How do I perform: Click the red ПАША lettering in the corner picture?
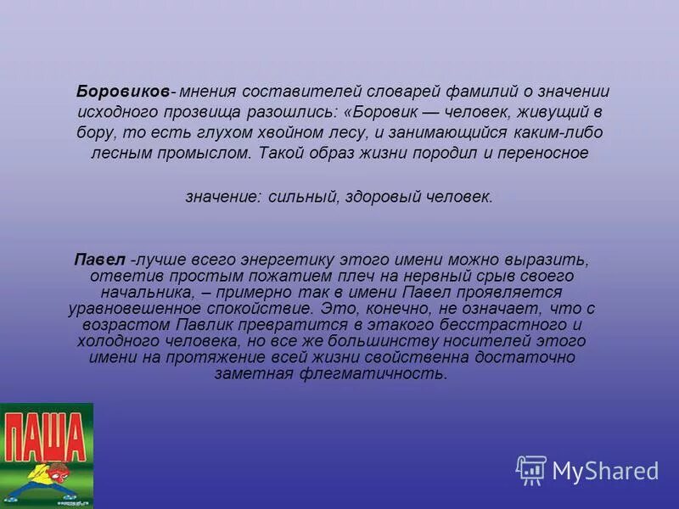(x=46, y=436)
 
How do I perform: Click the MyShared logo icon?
(x=531, y=470)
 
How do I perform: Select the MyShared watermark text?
(x=606, y=471)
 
